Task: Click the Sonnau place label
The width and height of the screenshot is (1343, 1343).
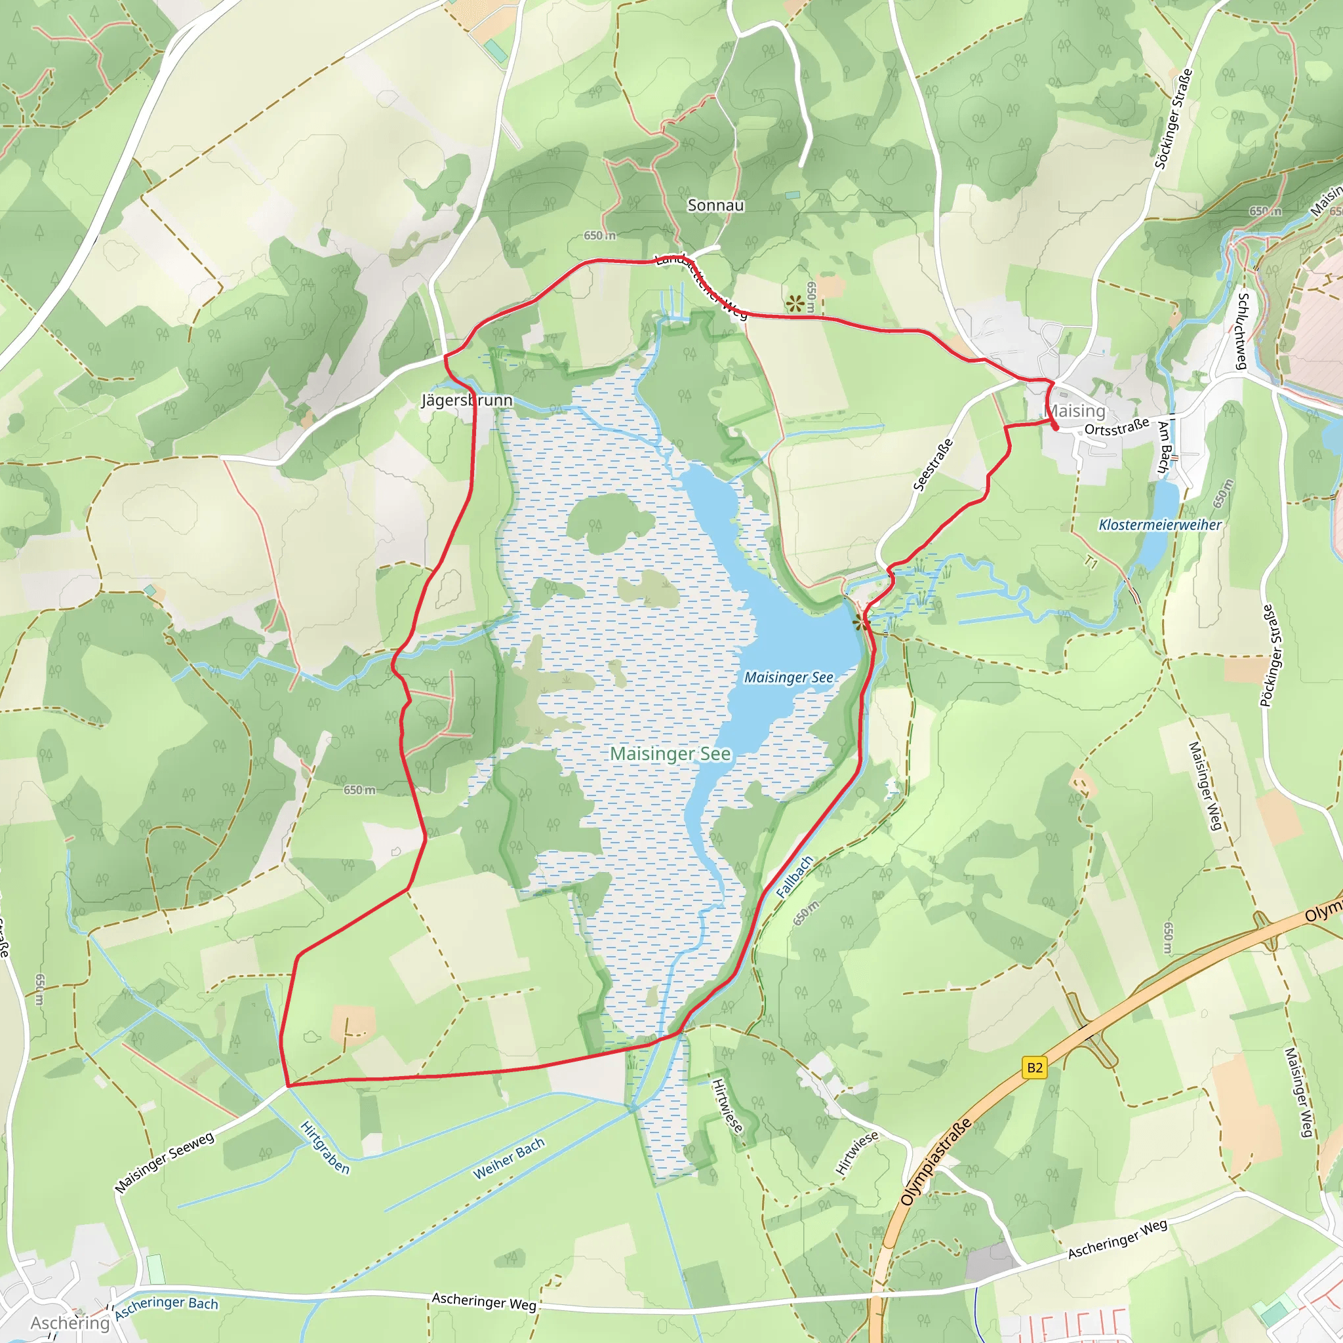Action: coord(715,205)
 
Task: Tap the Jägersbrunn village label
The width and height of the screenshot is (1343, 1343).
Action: coord(466,401)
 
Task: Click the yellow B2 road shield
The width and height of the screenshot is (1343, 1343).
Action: coord(1034,1067)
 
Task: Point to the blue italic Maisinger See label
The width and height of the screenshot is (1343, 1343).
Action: coord(788,677)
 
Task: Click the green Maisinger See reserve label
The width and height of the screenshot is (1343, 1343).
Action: coord(670,753)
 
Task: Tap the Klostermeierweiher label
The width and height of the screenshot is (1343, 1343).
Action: coord(1159,525)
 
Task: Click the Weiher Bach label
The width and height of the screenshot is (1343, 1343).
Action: coord(509,1159)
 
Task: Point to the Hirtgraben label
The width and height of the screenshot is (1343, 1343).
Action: coord(325,1147)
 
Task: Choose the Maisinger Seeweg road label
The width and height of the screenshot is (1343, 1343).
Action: coord(165,1162)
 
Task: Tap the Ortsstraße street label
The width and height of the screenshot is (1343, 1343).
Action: coord(1116,428)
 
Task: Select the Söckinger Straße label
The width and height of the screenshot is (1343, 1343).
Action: coord(1173,119)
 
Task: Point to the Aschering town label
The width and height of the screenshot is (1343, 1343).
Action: coord(70,1323)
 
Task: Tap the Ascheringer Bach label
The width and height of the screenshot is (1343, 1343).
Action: coord(166,1307)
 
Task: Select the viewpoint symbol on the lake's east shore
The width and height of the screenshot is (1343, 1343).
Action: coord(862,621)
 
